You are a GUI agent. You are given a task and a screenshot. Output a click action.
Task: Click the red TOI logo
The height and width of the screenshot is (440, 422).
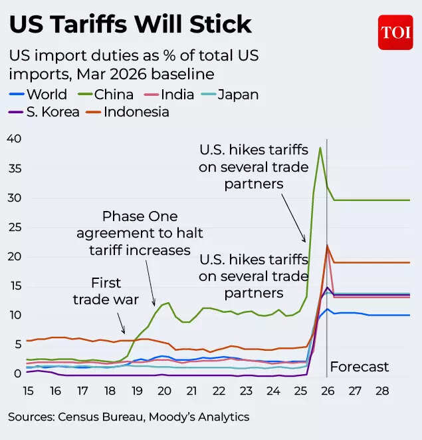(395, 32)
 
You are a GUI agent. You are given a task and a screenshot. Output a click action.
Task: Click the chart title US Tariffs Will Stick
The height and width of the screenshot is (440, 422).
(130, 25)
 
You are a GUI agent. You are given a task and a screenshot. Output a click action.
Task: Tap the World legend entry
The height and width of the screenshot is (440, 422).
(38, 95)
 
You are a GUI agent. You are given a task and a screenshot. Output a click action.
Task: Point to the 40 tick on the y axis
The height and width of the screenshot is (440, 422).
(13, 138)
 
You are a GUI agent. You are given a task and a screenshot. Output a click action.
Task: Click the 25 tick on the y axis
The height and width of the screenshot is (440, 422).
(13, 227)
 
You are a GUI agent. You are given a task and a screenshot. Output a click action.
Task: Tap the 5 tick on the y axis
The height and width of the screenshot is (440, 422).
(18, 345)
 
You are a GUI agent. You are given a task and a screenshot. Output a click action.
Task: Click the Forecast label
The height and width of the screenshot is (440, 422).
(360, 367)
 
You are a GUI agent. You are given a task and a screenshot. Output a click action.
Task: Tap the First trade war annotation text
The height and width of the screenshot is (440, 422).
(106, 292)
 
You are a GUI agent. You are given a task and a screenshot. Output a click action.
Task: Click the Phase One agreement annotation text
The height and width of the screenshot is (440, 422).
(140, 233)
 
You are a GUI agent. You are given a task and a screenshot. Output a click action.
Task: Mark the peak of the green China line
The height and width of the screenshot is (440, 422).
(320, 148)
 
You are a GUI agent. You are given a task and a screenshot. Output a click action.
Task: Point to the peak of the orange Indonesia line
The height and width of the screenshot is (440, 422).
(327, 246)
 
